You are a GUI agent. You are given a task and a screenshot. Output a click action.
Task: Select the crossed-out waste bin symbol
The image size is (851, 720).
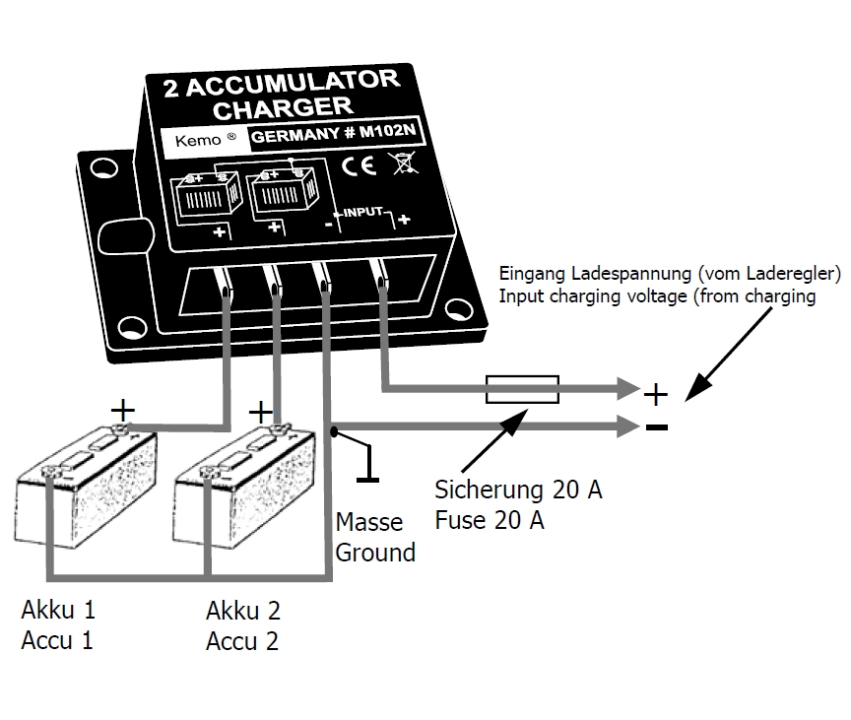click(x=401, y=163)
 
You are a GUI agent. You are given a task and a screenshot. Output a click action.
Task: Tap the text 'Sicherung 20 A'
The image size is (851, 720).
click(x=518, y=490)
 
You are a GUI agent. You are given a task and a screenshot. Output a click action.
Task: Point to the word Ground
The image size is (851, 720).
click(x=375, y=553)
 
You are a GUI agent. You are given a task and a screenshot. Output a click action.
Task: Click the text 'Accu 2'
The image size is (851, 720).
click(x=241, y=642)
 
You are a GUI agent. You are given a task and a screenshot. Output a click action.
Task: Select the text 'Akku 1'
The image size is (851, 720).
click(x=58, y=609)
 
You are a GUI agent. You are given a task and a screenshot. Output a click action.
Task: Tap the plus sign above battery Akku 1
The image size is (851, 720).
click(x=123, y=407)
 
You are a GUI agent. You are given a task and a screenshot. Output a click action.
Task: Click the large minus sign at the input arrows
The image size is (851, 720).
click(x=656, y=427)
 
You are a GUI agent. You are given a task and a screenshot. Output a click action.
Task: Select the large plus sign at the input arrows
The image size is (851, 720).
click(x=656, y=395)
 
